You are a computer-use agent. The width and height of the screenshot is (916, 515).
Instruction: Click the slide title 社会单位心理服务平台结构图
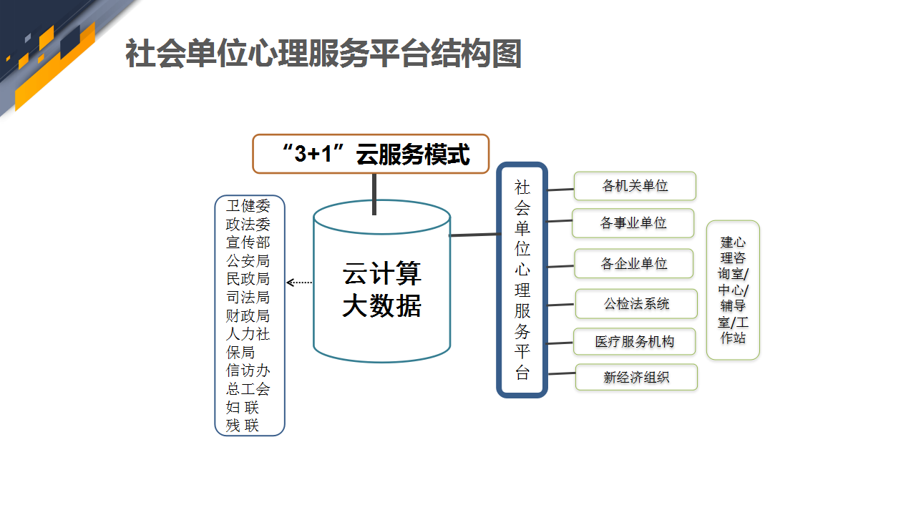323,53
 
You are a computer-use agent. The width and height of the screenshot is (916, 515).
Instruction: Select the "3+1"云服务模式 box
371,154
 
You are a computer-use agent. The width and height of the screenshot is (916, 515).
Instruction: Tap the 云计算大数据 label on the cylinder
381,290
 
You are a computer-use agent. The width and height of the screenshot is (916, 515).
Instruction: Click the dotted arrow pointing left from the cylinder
299,283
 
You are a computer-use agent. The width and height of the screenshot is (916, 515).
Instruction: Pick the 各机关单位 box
635,186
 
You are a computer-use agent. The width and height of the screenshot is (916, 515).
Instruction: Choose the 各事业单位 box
633,223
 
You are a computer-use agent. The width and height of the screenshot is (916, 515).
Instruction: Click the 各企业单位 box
634,264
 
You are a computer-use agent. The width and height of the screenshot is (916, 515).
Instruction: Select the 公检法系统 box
636,304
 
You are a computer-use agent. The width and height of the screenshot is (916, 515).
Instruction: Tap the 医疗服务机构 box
635,342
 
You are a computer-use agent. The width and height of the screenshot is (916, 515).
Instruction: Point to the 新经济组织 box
636,377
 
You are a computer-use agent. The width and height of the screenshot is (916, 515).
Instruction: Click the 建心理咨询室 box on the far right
733,290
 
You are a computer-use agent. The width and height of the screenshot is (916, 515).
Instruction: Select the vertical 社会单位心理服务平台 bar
522,280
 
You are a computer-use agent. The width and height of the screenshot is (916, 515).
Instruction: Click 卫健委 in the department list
248,205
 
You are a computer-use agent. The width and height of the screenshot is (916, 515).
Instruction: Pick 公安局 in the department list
248,261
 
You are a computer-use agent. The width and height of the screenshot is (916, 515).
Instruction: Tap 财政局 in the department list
248,316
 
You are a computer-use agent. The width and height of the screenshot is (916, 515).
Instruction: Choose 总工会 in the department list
248,388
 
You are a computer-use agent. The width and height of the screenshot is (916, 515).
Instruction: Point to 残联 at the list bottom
243,426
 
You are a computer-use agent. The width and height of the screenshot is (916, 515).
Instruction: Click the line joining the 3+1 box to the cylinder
374,195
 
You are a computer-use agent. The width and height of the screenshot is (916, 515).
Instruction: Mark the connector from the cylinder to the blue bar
474,235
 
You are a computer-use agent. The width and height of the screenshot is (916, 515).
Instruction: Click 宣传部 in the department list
248,242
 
